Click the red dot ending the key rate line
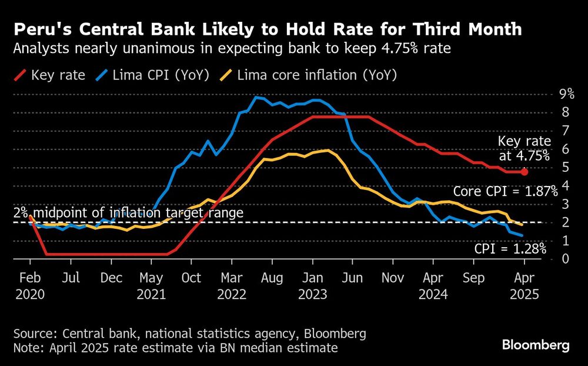[x=524, y=172]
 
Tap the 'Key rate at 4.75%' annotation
[x=524, y=148]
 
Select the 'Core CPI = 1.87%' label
[x=505, y=192]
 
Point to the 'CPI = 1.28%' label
[x=510, y=249]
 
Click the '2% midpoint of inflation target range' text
[x=128, y=213]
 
